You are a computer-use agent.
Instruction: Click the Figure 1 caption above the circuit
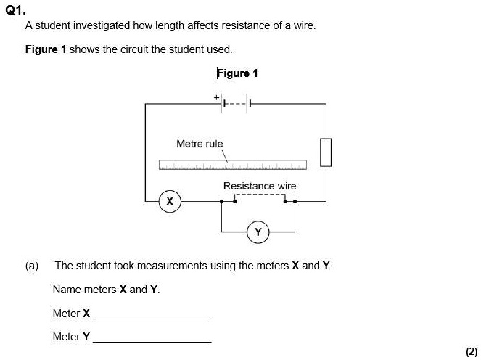click(x=237, y=73)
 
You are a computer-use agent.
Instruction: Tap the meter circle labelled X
click(x=170, y=200)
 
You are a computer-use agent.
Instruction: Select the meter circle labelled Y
click(x=258, y=232)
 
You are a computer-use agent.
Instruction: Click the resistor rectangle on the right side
click(x=326, y=152)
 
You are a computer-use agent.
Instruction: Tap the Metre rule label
click(x=200, y=144)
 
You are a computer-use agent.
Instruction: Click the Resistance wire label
click(x=260, y=186)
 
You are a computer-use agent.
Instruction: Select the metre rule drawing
click(x=233, y=164)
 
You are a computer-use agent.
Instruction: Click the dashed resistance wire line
click(x=258, y=195)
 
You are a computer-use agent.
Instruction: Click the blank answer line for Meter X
click(x=152, y=319)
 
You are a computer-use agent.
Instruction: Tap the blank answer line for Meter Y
click(x=152, y=341)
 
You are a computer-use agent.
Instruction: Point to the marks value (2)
click(x=471, y=351)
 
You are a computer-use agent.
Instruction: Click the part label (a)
click(x=32, y=266)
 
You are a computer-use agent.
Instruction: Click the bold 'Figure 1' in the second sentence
click(x=45, y=49)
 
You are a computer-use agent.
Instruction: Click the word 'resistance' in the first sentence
click(x=233, y=25)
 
